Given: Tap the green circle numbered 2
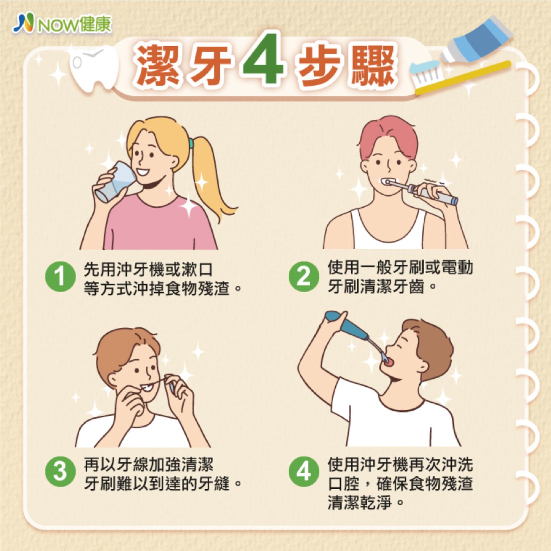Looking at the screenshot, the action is [x=303, y=277].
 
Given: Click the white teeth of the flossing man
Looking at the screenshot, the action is [x=147, y=388].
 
